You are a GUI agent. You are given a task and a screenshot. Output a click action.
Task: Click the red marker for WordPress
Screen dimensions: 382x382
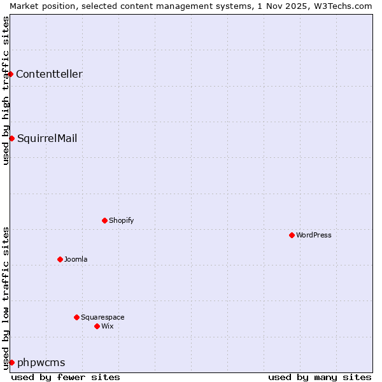pos(292,235)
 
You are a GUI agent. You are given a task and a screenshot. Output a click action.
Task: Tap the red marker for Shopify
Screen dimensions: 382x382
pos(104,220)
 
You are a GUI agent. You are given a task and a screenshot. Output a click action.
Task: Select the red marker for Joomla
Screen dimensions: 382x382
pos(60,259)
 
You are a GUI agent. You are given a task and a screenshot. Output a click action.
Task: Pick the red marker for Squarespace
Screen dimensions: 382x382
pos(76,317)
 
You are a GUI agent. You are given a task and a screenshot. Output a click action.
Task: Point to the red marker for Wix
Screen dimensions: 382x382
pos(97,326)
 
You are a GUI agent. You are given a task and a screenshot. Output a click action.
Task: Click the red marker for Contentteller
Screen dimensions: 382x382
pos(11,74)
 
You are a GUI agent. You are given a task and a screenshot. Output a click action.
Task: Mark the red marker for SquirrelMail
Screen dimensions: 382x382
pos(11,138)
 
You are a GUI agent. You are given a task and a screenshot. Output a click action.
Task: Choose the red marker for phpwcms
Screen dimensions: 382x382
pos(11,362)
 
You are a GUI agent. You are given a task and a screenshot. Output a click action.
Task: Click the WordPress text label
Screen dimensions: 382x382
pos(314,235)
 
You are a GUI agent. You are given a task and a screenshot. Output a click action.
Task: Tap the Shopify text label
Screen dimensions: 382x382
pos(121,220)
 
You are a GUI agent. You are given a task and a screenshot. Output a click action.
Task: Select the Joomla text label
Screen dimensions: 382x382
pos(76,259)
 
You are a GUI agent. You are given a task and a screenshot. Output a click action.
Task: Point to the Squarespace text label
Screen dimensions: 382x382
pos(103,317)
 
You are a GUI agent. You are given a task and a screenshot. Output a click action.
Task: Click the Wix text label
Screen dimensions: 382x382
pos(108,326)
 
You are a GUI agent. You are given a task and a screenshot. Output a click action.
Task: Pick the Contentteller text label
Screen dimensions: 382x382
pos(49,74)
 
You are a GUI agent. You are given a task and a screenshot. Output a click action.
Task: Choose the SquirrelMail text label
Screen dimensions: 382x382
pos(47,138)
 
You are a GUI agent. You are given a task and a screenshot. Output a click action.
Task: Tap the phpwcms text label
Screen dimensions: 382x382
pos(41,362)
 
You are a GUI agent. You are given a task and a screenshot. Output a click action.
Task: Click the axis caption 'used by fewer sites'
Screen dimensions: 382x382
pos(66,377)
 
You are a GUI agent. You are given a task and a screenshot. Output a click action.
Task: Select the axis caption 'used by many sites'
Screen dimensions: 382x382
pos(320,377)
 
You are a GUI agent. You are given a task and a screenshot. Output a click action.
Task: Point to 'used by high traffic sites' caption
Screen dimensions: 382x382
pos(6,90)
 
